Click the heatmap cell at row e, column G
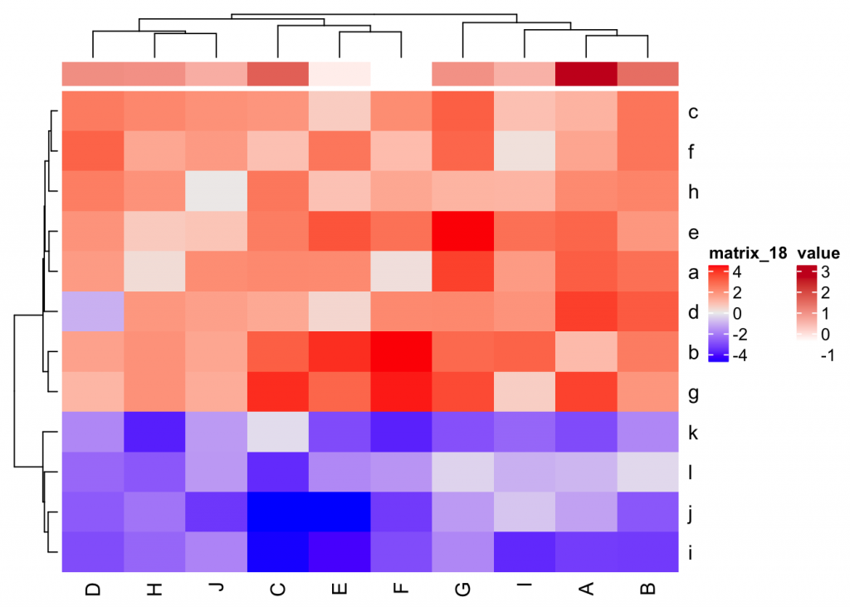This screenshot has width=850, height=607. (463, 232)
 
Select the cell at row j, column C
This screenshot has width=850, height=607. (278, 512)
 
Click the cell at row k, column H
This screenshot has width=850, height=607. (155, 432)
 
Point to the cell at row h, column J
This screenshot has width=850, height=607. (217, 192)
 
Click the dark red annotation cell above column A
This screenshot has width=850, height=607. (587, 74)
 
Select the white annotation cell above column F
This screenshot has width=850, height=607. (402, 74)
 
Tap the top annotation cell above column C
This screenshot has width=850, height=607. (278, 74)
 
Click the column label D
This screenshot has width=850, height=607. (93, 589)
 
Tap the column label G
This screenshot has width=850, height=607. (463, 589)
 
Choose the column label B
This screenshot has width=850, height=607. (648, 589)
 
